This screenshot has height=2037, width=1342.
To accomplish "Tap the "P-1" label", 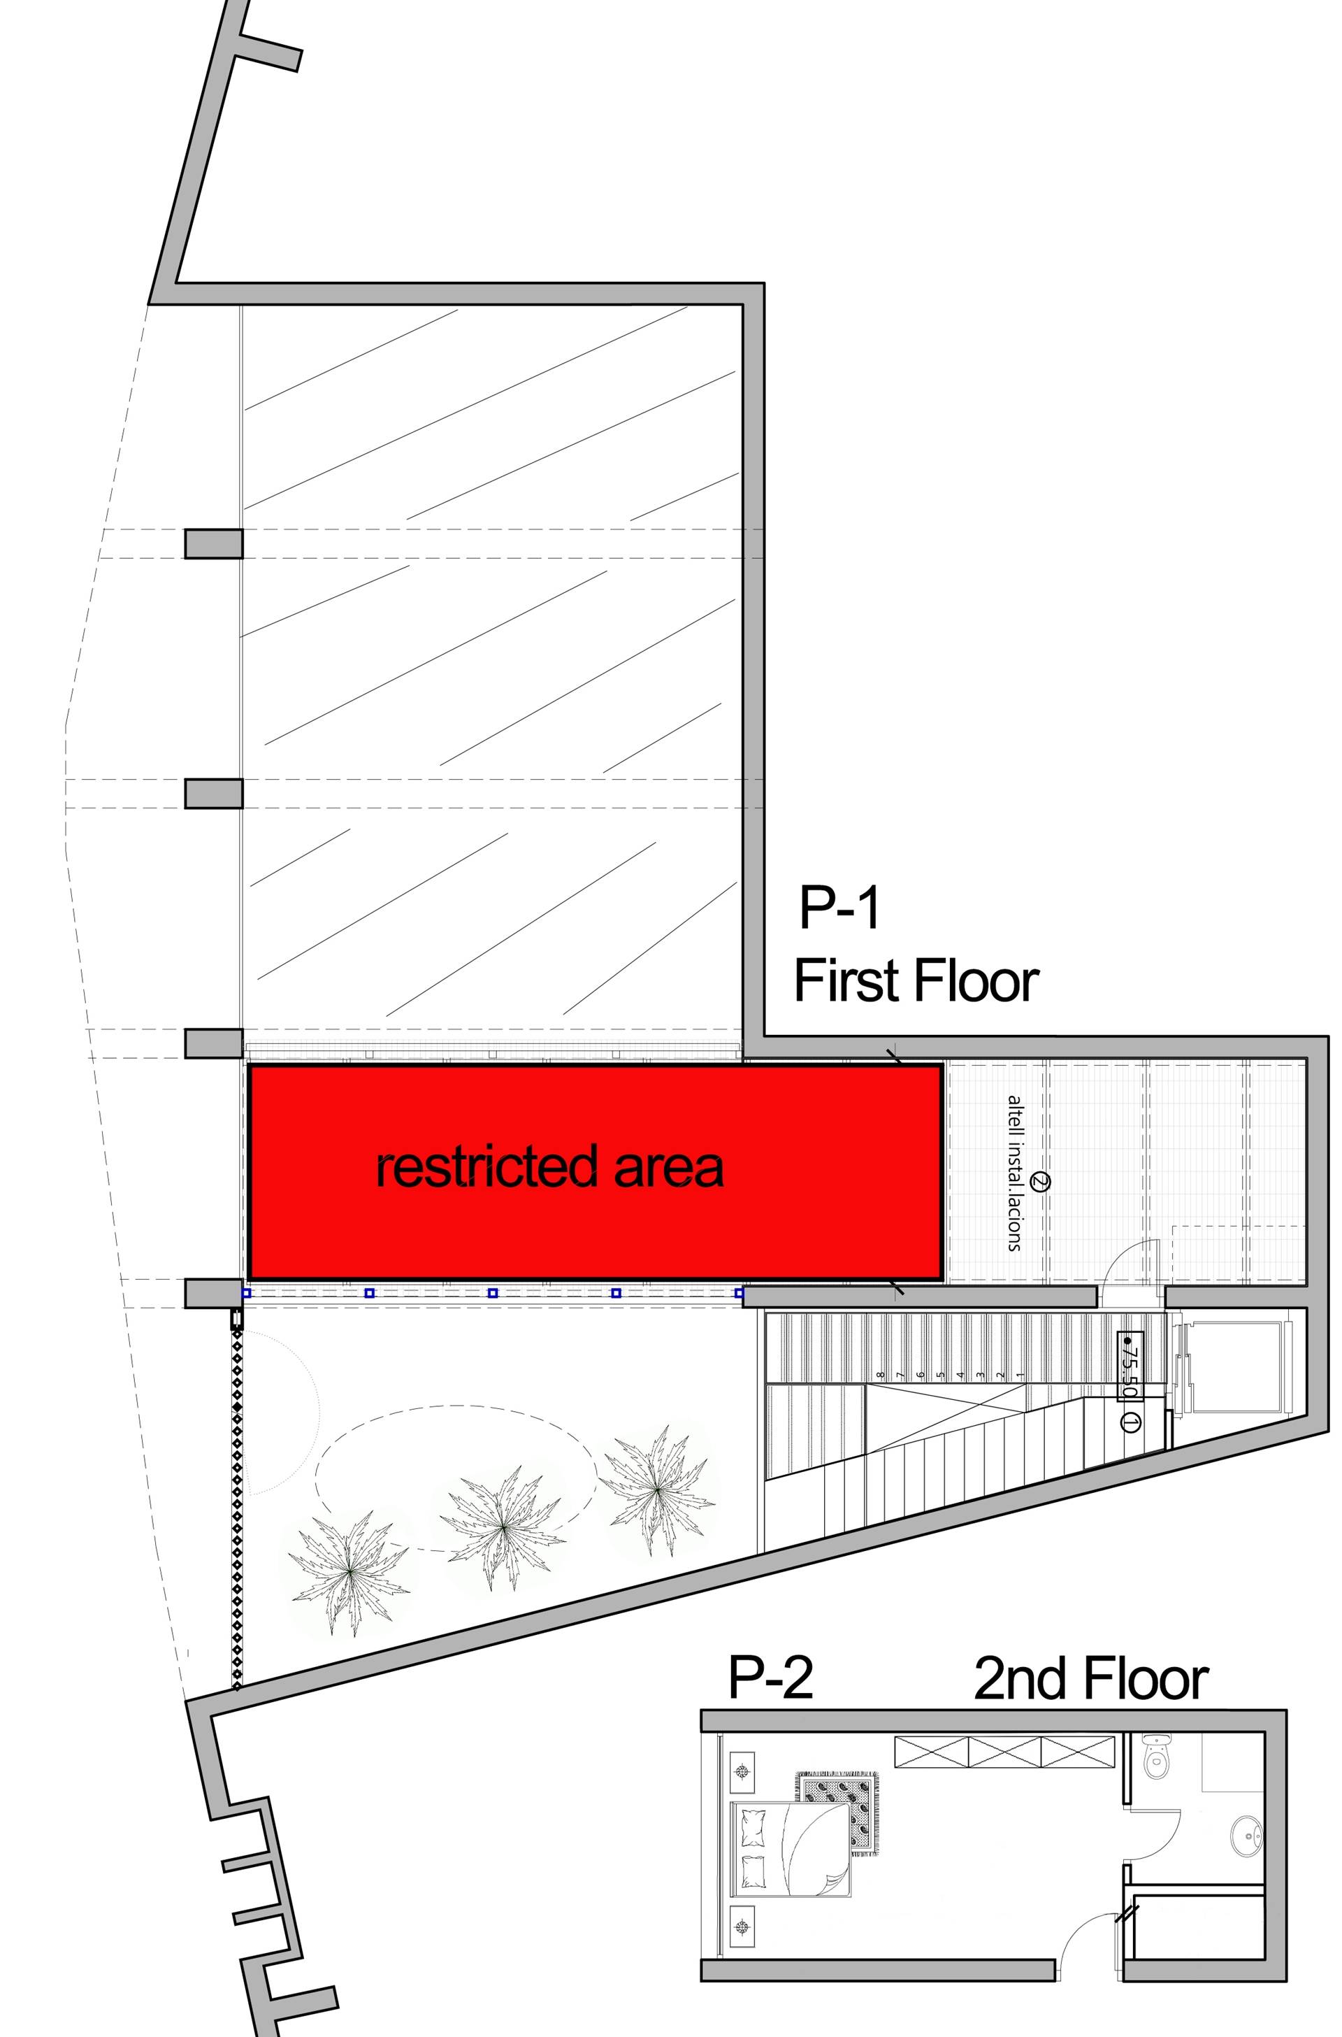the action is [839, 908].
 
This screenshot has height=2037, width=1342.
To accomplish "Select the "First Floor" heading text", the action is [916, 981].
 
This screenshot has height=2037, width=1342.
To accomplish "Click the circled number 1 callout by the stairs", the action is [1129, 1424].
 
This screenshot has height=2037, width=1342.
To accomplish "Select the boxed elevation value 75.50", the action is [1130, 1366].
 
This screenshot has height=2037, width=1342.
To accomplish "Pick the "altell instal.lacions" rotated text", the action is [1014, 1173].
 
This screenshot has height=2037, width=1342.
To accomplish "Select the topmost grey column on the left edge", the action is [214, 544].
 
